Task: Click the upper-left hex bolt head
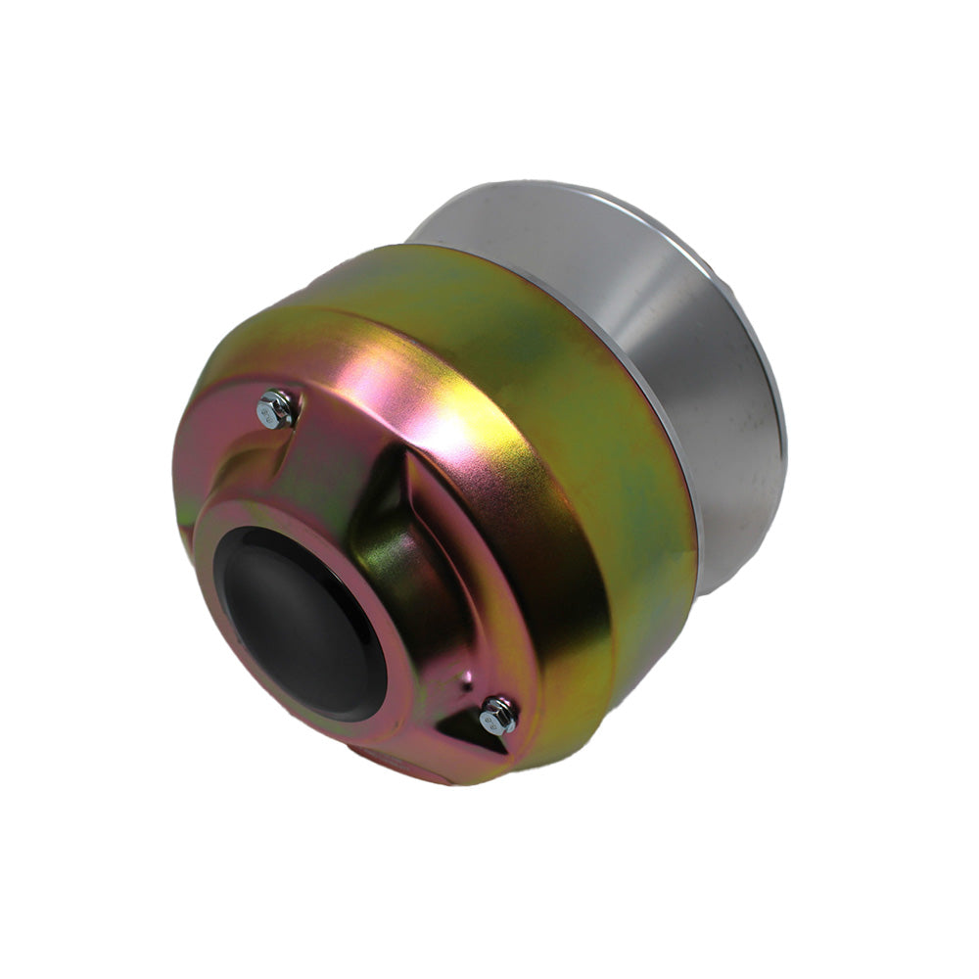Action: tap(275, 408)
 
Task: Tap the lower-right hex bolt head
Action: tap(499, 716)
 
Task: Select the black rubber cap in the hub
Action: tap(299, 622)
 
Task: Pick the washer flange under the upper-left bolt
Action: tap(286, 419)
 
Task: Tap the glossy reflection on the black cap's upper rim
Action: tap(264, 548)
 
